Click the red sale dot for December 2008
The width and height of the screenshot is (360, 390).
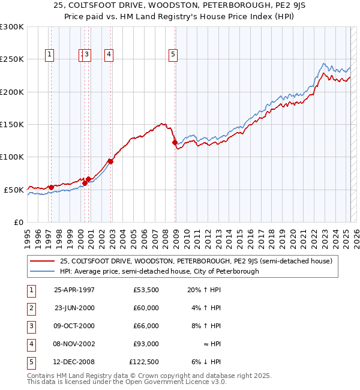(x=175, y=143)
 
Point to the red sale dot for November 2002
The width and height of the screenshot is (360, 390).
(x=110, y=161)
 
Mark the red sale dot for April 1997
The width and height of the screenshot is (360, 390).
(x=51, y=187)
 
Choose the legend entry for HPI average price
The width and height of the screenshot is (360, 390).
(x=159, y=271)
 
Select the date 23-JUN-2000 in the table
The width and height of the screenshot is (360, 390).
(x=74, y=308)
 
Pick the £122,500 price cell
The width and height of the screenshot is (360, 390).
(x=144, y=362)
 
